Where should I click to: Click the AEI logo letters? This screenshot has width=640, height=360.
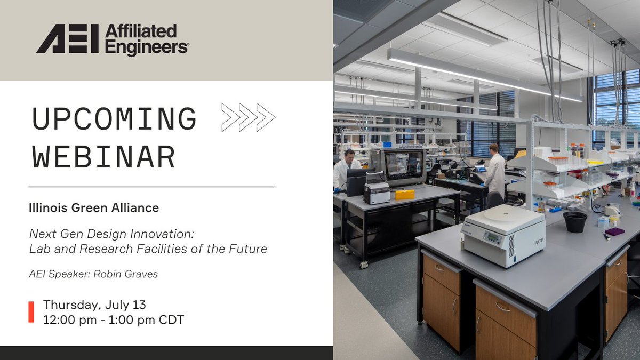tap(68, 39)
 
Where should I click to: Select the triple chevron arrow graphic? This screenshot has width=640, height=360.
tap(248, 117)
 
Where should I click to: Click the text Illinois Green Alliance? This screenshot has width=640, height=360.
tap(94, 208)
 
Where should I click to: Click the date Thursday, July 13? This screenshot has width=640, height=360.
tap(94, 305)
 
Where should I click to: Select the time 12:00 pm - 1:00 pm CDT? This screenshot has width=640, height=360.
tap(113, 320)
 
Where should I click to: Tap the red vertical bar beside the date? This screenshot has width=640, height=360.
tap(31, 312)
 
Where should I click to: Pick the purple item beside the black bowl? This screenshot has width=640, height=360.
tap(614, 231)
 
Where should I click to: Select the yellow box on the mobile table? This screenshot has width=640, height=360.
tap(404, 194)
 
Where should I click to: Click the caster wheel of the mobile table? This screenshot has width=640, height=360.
tap(364, 264)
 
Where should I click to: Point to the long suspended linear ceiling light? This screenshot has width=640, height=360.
tap(480, 75)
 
